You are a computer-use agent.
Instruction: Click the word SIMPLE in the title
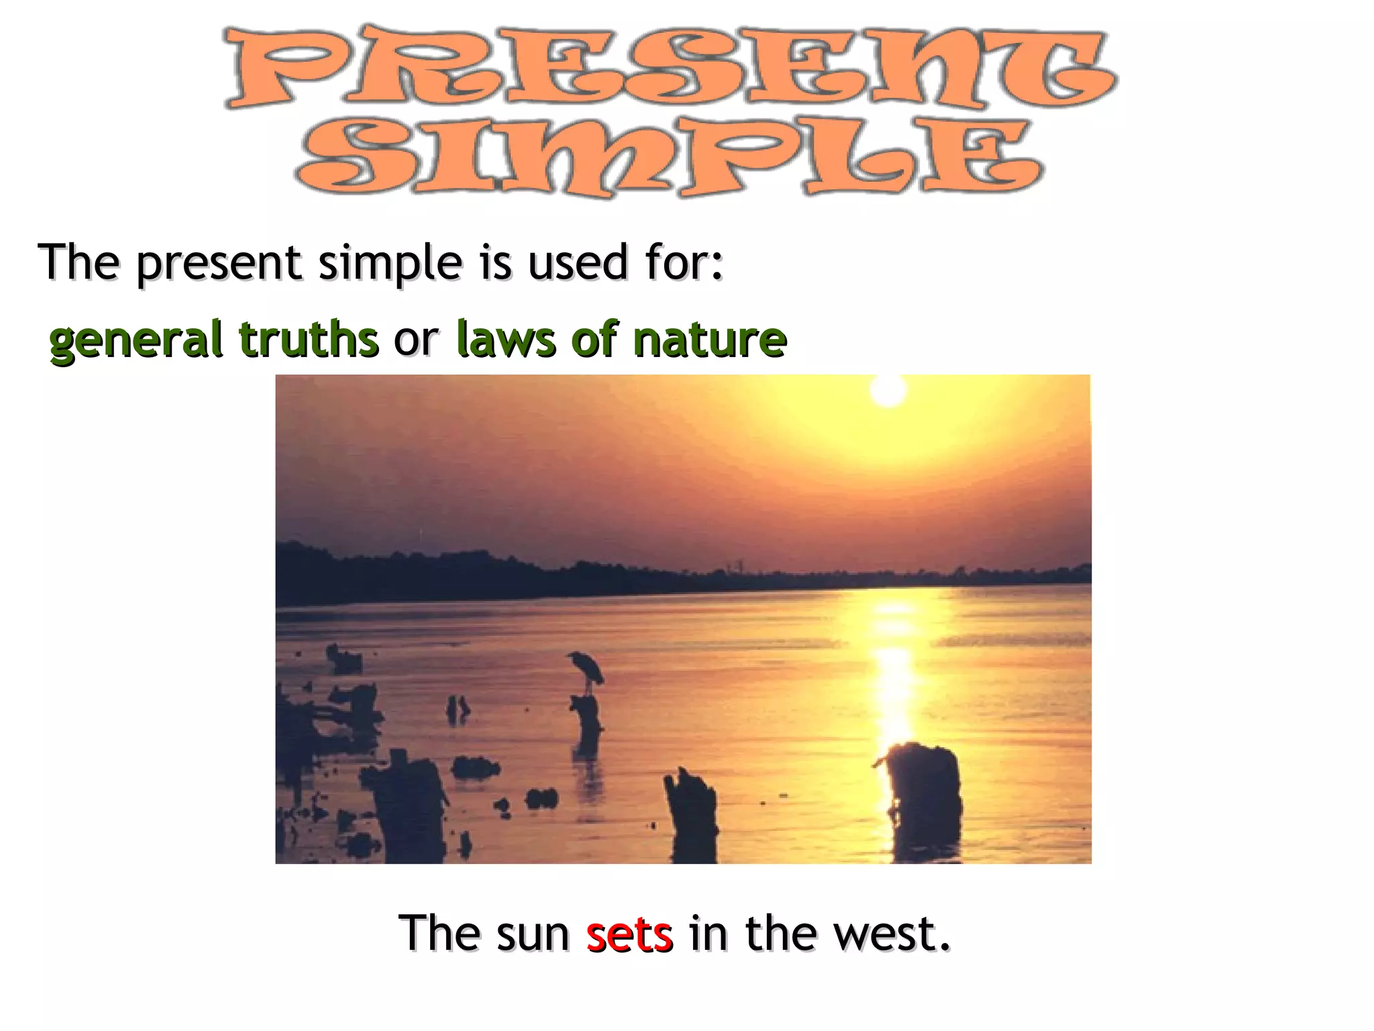[x=670, y=158]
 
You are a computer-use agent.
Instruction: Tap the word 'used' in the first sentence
[x=578, y=262]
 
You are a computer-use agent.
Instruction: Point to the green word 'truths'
[x=309, y=339]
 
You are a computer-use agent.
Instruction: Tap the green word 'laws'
[x=506, y=339]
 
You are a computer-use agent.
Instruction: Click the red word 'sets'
[x=629, y=934]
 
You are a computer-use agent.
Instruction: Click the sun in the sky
[x=888, y=389]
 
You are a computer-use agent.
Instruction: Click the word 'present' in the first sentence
[x=219, y=264]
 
